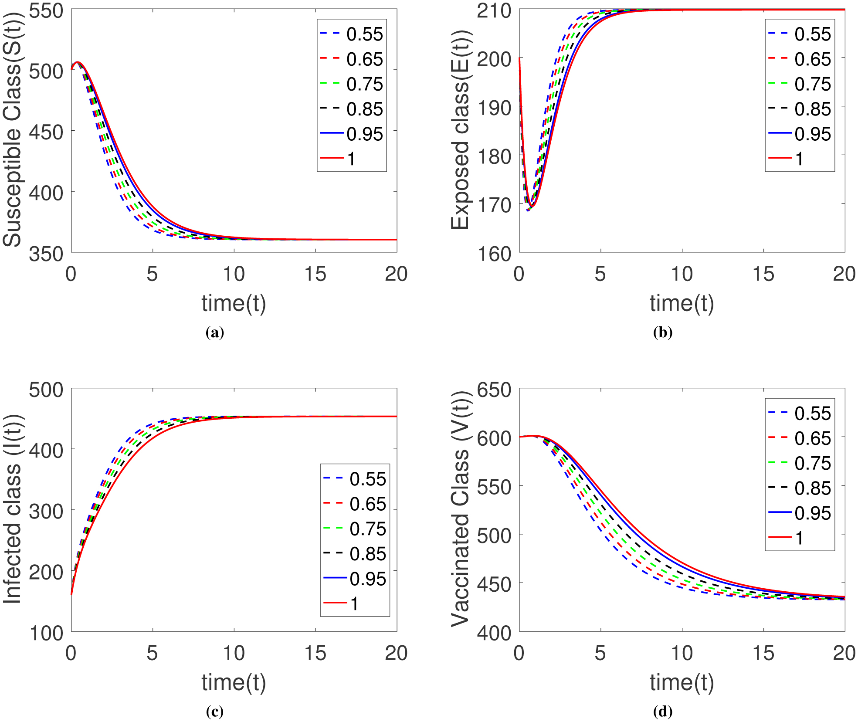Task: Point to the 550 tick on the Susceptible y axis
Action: point(46,10)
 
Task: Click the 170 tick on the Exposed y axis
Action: point(494,205)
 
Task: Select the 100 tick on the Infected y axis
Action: point(46,633)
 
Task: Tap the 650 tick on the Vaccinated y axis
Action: point(494,390)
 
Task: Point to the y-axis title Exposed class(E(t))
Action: point(460,130)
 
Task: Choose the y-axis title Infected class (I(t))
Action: point(12,509)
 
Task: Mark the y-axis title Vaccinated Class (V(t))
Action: point(460,509)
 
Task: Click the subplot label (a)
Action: point(214,333)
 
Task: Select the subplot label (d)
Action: point(663,712)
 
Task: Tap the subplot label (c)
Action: point(214,712)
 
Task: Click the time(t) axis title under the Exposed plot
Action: point(682,303)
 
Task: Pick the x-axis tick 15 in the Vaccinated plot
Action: point(763,653)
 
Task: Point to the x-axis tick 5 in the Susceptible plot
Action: point(152,274)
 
